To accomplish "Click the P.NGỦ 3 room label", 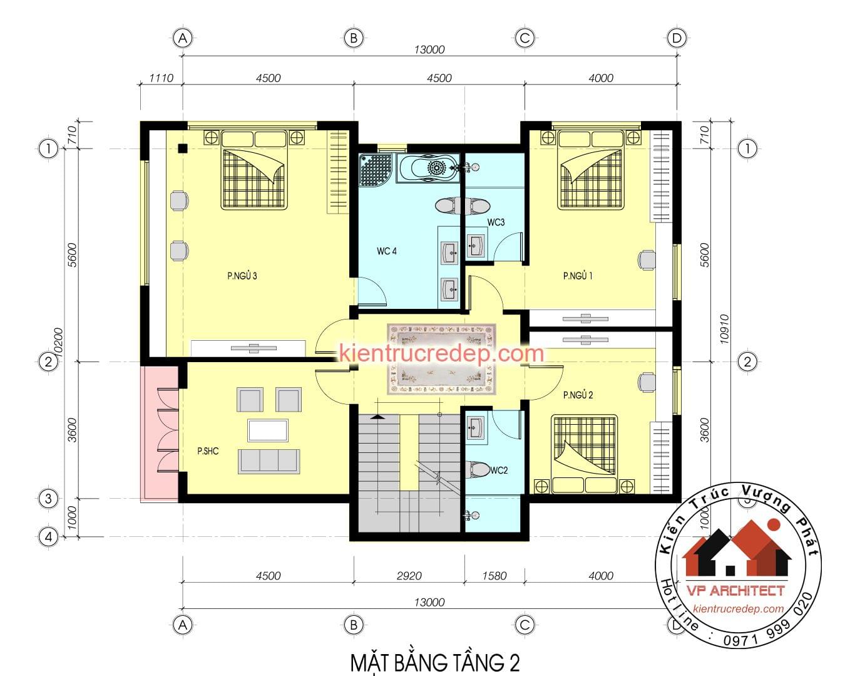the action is [x=242, y=276].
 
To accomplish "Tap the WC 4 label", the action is [x=387, y=251].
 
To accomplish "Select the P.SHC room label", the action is [x=208, y=451].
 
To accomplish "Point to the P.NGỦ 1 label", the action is [x=578, y=276].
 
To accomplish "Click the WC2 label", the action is [x=499, y=471].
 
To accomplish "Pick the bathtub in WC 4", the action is [x=428, y=168].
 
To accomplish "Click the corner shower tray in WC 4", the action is [x=376, y=170].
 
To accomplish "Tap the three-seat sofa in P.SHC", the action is [x=269, y=461].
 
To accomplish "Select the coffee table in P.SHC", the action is [x=268, y=430].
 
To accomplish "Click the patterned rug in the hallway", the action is [x=441, y=359].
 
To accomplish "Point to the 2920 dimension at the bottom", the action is [x=409, y=576].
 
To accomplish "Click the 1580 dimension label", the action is [x=494, y=576].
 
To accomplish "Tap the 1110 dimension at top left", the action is [x=161, y=78].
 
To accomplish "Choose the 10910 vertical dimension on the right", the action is [x=724, y=329].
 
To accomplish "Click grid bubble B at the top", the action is [x=354, y=38].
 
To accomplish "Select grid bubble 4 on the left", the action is [x=48, y=537].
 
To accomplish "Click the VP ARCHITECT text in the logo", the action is [x=735, y=590].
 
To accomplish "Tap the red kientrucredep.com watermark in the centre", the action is [x=441, y=353].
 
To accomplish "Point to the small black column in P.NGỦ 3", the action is [x=182, y=148].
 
